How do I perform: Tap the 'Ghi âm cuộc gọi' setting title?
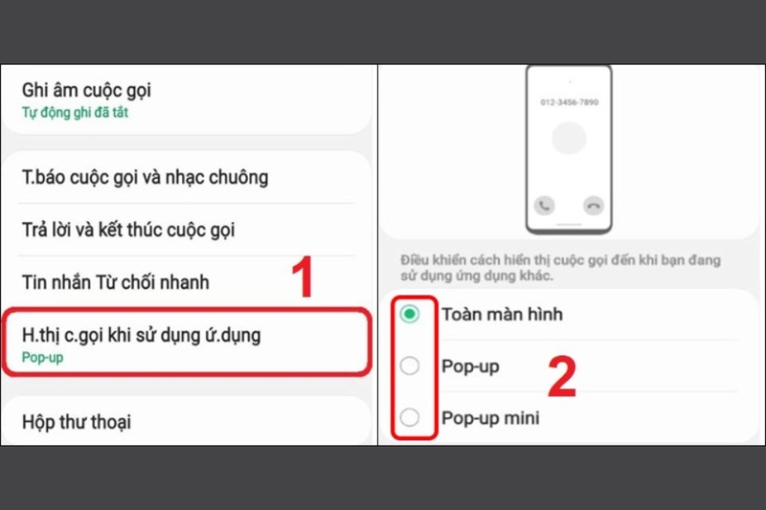click(x=86, y=91)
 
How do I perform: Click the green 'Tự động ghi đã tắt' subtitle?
click(x=75, y=113)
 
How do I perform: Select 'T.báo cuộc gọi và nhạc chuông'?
click(x=145, y=177)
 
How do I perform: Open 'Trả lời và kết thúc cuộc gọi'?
click(x=128, y=230)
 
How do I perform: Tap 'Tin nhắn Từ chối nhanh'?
click(x=115, y=282)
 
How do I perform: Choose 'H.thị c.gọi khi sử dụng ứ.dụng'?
click(x=141, y=335)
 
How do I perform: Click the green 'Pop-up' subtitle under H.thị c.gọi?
click(x=41, y=357)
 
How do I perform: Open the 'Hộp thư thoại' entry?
click(x=77, y=421)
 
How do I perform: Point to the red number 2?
click(x=561, y=377)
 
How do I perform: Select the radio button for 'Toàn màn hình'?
click(x=410, y=315)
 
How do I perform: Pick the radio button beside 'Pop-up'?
click(x=410, y=366)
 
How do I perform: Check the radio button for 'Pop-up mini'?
click(x=410, y=418)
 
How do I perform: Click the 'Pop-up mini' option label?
click(x=490, y=418)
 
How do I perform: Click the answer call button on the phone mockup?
click(x=545, y=205)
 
